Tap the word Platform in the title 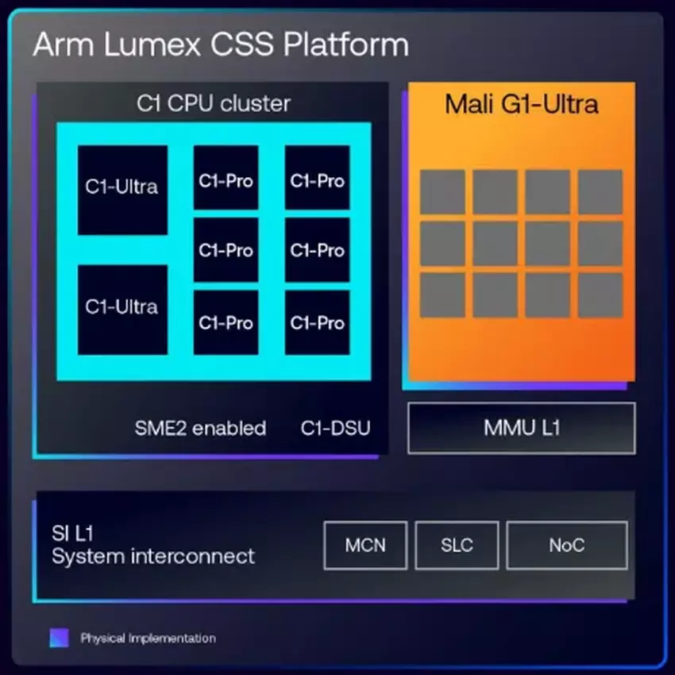pyautogui.click(x=351, y=45)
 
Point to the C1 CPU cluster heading pyautogui.click(x=214, y=103)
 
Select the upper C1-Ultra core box pyautogui.click(x=122, y=189)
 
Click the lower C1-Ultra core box pyautogui.click(x=122, y=310)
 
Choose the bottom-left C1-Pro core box pyautogui.click(x=226, y=322)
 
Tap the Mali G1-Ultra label pyautogui.click(x=522, y=104)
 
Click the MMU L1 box pyautogui.click(x=521, y=428)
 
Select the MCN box pyautogui.click(x=365, y=546)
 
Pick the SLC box pyautogui.click(x=457, y=546)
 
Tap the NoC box pyautogui.click(x=566, y=546)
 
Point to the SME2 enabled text pyautogui.click(x=200, y=429)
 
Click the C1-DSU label pyautogui.click(x=335, y=429)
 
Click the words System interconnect pyautogui.click(x=153, y=556)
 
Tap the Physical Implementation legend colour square pyautogui.click(x=59, y=638)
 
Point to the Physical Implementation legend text pyautogui.click(x=148, y=638)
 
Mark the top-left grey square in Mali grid pyautogui.click(x=442, y=192)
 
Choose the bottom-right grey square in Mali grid pyautogui.click(x=600, y=295)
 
